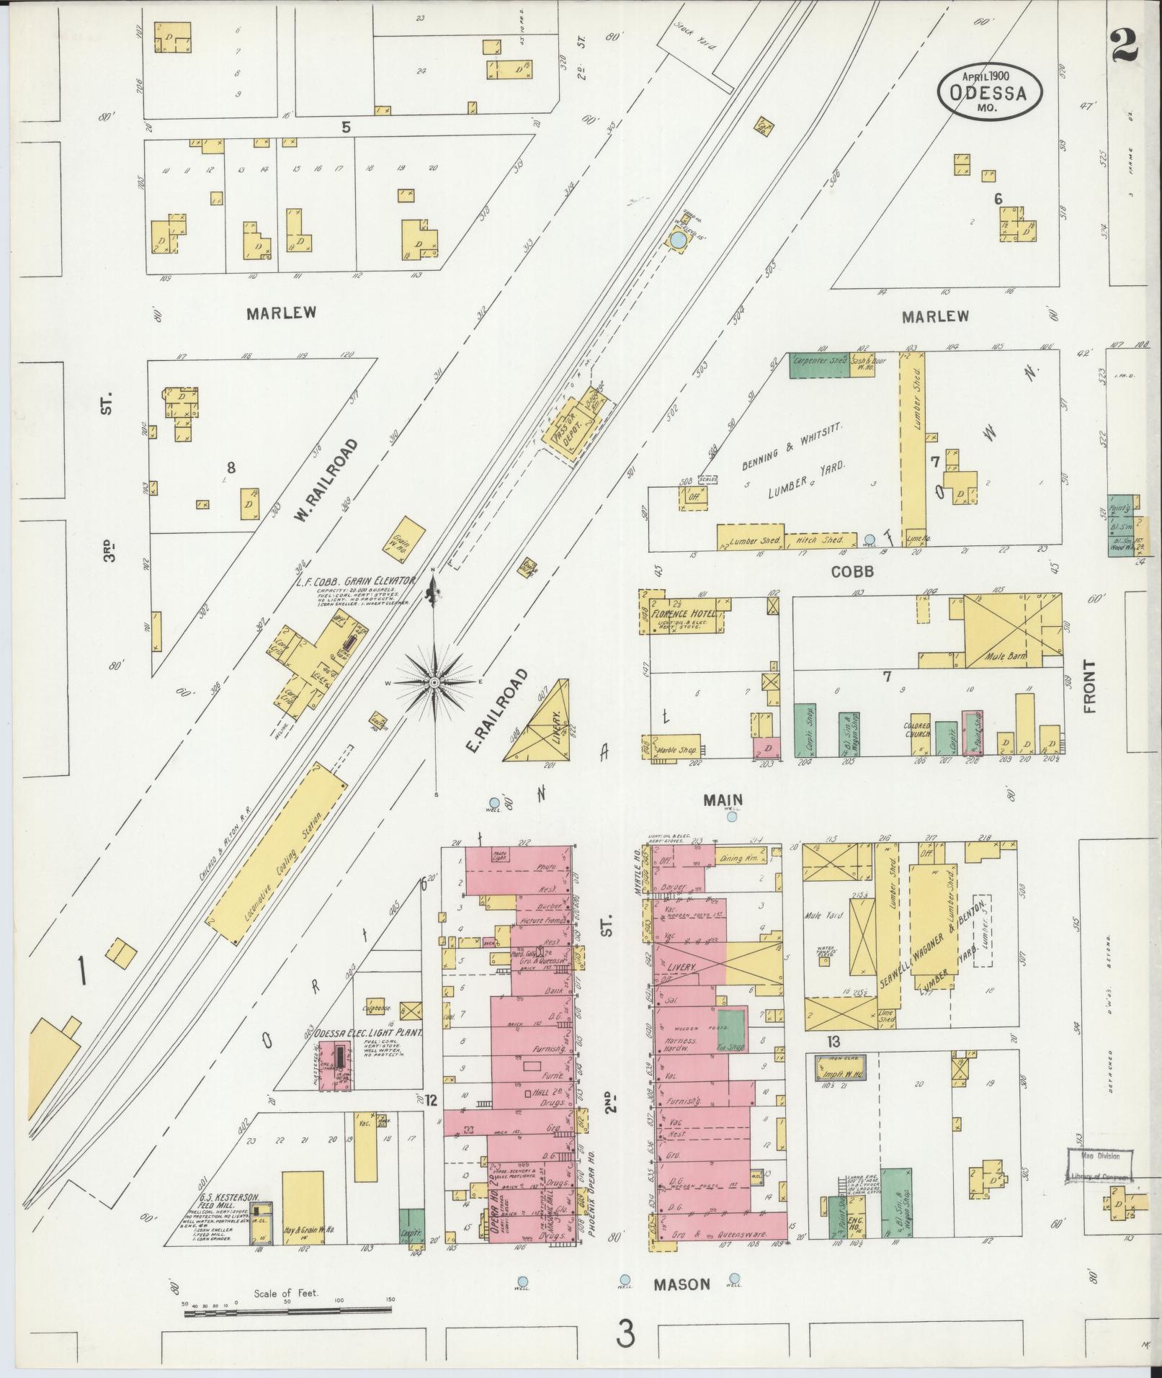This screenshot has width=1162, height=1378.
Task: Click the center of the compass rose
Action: coord(435,681)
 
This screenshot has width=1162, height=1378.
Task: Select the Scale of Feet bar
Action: coord(288,1313)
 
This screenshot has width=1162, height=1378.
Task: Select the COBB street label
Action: coord(852,571)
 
